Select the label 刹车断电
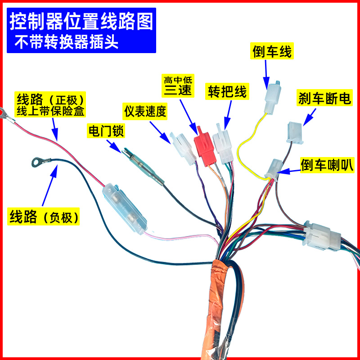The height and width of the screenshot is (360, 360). point(324,99)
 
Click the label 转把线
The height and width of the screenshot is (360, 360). point(227,92)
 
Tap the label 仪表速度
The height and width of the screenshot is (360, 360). point(145,111)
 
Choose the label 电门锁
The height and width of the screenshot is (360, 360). point(106,131)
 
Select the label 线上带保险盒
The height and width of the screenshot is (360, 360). point(51,109)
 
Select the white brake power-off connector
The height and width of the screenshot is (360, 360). point(293,133)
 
